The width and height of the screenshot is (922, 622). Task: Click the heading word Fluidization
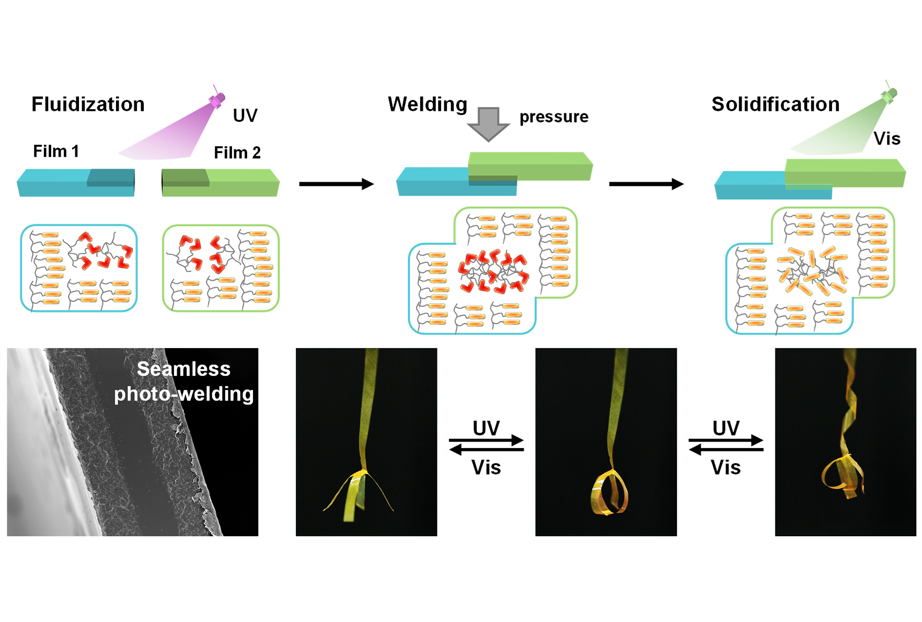[88, 105]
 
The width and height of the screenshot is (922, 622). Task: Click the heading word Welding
[428, 105]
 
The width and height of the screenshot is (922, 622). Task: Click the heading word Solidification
[775, 105]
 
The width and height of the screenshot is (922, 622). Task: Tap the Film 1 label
[56, 152]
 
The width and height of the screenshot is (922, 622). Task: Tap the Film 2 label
[237, 153]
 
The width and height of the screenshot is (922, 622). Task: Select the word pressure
[554, 117]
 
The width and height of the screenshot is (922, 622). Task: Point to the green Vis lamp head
[889, 95]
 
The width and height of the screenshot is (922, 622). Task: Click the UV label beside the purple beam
[245, 116]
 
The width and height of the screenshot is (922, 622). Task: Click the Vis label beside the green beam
[887, 139]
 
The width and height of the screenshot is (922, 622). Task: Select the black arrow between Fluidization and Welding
[336, 184]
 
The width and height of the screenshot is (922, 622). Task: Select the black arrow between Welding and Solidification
[646, 184]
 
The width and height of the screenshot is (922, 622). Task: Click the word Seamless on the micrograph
[183, 369]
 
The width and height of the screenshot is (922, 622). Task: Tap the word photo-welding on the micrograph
[183, 394]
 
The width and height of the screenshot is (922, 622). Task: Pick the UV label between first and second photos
[486, 429]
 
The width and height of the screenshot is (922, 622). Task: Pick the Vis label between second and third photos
[725, 467]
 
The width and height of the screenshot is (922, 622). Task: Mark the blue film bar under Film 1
[76, 183]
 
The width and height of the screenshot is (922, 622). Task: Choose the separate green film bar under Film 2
[221, 183]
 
